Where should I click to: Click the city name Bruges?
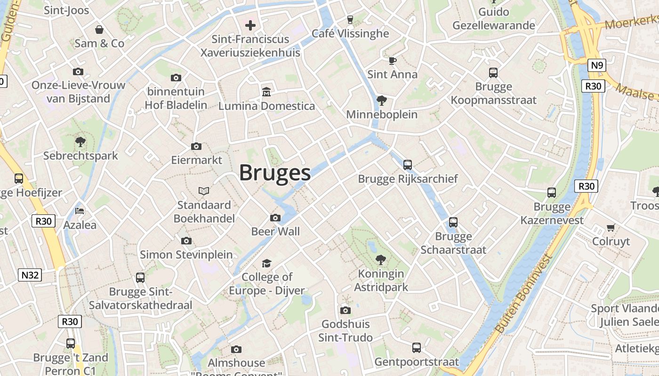tap(275, 173)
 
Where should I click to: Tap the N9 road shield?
tap(597, 65)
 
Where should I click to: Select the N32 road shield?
tap(29, 275)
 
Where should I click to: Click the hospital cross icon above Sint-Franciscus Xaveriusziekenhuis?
tap(250, 25)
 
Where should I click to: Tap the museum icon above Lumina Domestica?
tap(266, 92)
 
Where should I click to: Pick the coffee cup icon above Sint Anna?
tap(393, 61)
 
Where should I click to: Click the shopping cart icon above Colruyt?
tap(611, 228)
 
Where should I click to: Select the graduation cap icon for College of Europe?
tap(267, 263)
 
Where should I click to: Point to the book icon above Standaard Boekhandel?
tap(204, 191)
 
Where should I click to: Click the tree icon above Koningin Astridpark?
tap(380, 259)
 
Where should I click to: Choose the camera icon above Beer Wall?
tap(275, 218)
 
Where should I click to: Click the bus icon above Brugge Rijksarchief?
tap(408, 165)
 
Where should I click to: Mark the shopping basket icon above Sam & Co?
tap(99, 30)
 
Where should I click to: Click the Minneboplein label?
tap(382, 115)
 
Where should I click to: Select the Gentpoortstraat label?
tap(417, 362)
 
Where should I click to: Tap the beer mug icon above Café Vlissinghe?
tap(350, 19)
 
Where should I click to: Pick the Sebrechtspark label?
tap(80, 156)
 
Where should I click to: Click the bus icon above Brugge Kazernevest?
tap(552, 193)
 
